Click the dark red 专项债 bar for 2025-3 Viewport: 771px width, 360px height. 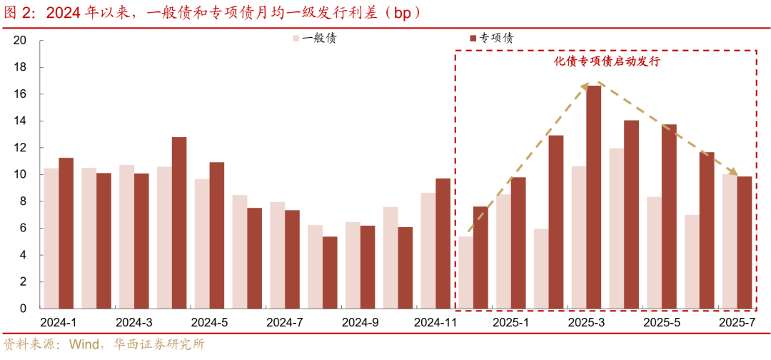pos(594,197)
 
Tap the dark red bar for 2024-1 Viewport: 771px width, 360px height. pos(66,234)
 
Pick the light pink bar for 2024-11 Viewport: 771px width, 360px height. pos(428,251)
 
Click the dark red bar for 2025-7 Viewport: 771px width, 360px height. pos(744,243)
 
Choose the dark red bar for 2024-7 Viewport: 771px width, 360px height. pos(292,259)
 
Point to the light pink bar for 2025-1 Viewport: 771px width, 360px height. pos(503,251)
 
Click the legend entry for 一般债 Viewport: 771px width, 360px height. pos(313,38)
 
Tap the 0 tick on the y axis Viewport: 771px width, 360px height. pos(23,309)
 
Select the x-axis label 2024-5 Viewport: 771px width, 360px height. pos(210,323)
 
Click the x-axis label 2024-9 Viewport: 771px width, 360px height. pos(361,323)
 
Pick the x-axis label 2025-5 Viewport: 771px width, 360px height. pos(662,323)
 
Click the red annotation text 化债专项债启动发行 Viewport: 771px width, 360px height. pos(607,62)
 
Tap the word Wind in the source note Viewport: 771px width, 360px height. pos(84,344)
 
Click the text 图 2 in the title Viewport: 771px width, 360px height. pos(16,12)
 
